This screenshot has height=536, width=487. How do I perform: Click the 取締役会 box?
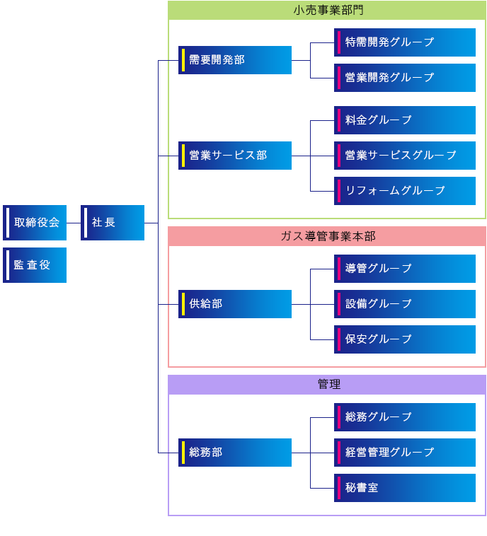(35, 223)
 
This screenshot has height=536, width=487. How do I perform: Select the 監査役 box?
(35, 265)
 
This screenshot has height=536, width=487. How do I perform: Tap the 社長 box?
(113, 223)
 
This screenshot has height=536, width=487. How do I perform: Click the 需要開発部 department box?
(235, 60)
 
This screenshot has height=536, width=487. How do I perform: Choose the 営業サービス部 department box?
(235, 156)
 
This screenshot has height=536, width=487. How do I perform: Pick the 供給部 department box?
(235, 304)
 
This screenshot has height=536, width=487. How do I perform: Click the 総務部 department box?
(235, 453)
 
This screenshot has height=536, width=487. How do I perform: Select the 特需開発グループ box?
(405, 42)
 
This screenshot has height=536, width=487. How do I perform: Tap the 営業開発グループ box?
(405, 78)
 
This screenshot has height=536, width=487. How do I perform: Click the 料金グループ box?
(405, 120)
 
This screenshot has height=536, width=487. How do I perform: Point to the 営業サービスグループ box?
(405, 156)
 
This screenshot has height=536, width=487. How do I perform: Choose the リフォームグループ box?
(405, 191)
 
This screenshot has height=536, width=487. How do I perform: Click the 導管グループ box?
(405, 269)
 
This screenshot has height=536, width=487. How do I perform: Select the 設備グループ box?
(405, 304)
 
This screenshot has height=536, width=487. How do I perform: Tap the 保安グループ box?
(405, 339)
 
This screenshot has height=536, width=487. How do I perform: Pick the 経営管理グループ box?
(405, 453)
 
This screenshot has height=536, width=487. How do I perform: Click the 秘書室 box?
(405, 488)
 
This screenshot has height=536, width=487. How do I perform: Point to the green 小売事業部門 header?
(327, 11)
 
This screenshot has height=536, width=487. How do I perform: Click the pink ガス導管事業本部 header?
(327, 236)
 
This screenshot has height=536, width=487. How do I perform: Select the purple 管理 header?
(327, 385)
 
